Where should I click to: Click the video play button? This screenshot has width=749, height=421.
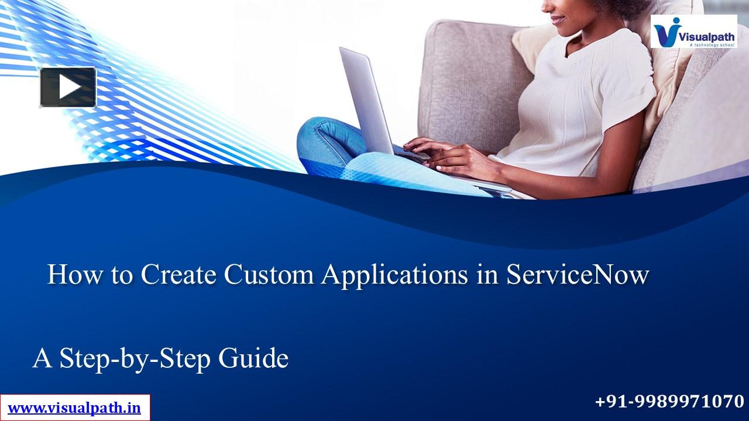coord(68,87)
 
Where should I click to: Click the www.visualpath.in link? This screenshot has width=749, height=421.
coord(74,408)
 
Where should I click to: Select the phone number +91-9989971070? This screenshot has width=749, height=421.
coord(669,402)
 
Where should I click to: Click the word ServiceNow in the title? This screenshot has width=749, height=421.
coord(578,275)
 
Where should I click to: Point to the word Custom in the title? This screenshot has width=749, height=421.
coord(269,275)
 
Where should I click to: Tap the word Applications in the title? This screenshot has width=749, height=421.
coord(394,275)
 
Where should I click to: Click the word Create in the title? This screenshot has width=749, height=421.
coord(178,275)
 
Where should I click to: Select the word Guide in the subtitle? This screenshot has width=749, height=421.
coord(253,358)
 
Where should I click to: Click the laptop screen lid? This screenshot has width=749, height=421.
coord(366,99)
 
